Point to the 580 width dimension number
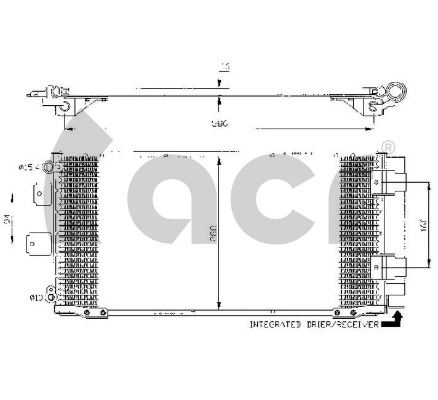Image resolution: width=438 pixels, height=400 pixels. (220, 124)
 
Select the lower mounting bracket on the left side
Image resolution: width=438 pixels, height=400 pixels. (36, 243)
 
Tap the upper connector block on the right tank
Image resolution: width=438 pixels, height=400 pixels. (394, 182)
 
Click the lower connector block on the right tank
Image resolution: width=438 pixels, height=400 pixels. (394, 266)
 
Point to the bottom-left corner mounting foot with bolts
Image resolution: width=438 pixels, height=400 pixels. (91, 313)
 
